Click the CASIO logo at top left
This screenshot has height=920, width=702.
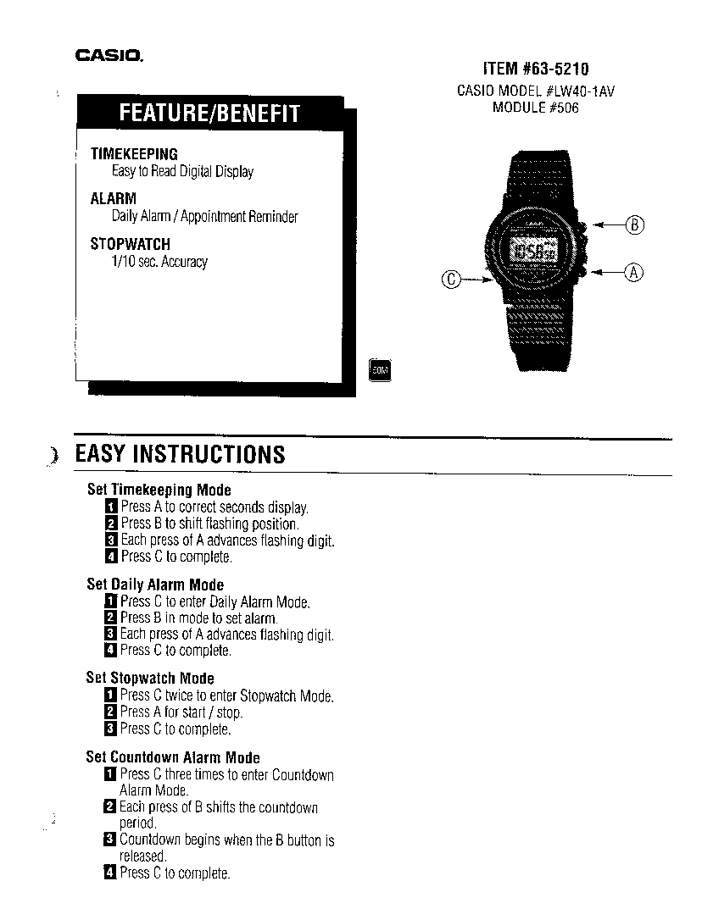pyautogui.click(x=109, y=56)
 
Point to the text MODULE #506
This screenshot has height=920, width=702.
pyautogui.click(x=535, y=108)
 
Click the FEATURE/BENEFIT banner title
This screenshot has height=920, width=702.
pyautogui.click(x=209, y=113)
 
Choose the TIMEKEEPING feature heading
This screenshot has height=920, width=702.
pyautogui.click(x=134, y=154)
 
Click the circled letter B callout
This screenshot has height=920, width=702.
pyautogui.click(x=634, y=224)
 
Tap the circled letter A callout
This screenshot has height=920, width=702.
pyautogui.click(x=634, y=273)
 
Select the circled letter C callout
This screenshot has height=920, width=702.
pyautogui.click(x=450, y=280)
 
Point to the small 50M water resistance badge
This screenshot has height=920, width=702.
pyautogui.click(x=380, y=370)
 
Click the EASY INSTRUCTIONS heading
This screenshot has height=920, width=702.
pyautogui.click(x=181, y=455)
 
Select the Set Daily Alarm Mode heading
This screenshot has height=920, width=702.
pyautogui.click(x=155, y=585)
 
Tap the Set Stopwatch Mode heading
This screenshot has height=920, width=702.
pyautogui.click(x=150, y=679)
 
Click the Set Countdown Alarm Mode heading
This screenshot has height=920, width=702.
pyautogui.click(x=173, y=757)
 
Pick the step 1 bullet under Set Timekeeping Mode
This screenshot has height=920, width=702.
pyautogui.click(x=111, y=507)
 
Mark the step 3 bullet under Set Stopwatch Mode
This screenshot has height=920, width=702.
pyautogui.click(x=110, y=729)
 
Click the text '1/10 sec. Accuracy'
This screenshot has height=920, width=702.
pyautogui.click(x=159, y=261)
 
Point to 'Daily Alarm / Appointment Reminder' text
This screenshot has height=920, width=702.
pyautogui.click(x=205, y=217)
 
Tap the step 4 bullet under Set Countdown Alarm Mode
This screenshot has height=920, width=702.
pyautogui.click(x=110, y=873)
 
